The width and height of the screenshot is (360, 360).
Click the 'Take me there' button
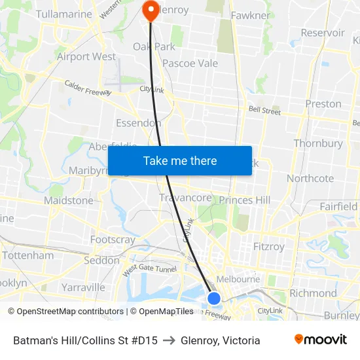click(x=179, y=160)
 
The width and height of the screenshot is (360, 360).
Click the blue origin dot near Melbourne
click(x=214, y=298)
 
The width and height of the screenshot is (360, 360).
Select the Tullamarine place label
click(x=46, y=14)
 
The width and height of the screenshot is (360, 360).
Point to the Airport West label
click(x=86, y=57)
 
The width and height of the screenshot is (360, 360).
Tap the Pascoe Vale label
click(x=190, y=63)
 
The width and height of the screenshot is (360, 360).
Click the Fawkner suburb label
click(x=250, y=15)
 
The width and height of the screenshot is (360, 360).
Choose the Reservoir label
click(x=322, y=33)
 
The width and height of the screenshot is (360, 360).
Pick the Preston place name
click(x=323, y=103)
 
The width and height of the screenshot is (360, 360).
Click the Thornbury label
click(x=318, y=143)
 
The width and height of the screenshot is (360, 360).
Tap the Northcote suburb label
click(x=310, y=178)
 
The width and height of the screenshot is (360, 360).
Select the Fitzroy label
click(x=269, y=247)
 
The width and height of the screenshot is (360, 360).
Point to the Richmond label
click(x=312, y=293)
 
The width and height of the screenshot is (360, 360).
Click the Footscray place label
click(x=113, y=240)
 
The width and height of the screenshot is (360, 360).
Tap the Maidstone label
click(x=69, y=200)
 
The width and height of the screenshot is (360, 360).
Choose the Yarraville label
click(x=83, y=287)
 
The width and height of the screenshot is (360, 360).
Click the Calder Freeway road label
click(x=88, y=88)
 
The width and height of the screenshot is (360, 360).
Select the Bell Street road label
click(x=264, y=111)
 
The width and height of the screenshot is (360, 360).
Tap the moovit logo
click(x=321, y=340)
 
